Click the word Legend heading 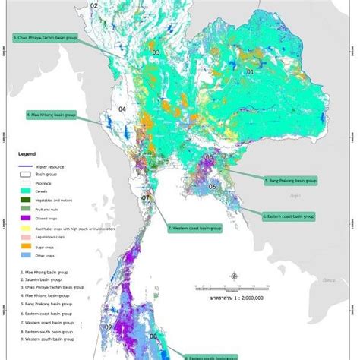[x=28, y=153]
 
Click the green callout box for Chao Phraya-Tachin [x=46, y=36]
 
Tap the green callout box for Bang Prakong [x=290, y=181]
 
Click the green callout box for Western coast [x=194, y=227]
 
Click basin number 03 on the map [x=156, y=52]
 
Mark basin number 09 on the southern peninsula [x=109, y=327]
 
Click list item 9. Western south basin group [x=47, y=338]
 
